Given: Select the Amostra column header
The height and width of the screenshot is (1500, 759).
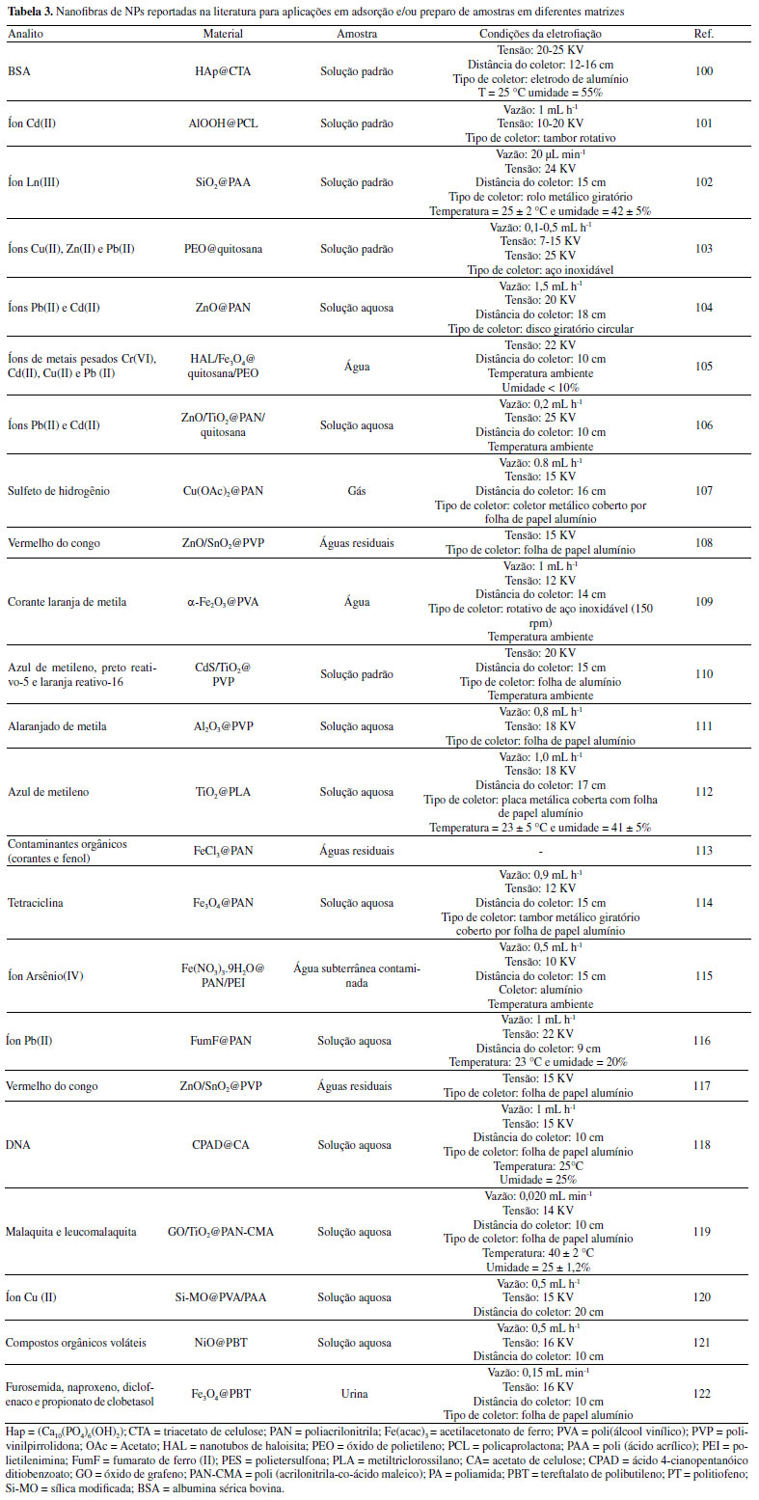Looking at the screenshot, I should (356, 33).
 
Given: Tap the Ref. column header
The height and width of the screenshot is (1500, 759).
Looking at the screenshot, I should (703, 33).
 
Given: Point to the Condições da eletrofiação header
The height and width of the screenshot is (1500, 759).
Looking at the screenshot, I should (539, 33).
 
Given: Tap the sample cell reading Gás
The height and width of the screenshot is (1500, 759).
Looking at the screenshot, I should (356, 490).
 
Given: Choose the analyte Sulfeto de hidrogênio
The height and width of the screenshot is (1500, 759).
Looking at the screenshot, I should (56, 490).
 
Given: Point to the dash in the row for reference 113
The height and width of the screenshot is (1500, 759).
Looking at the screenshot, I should (539, 851).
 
